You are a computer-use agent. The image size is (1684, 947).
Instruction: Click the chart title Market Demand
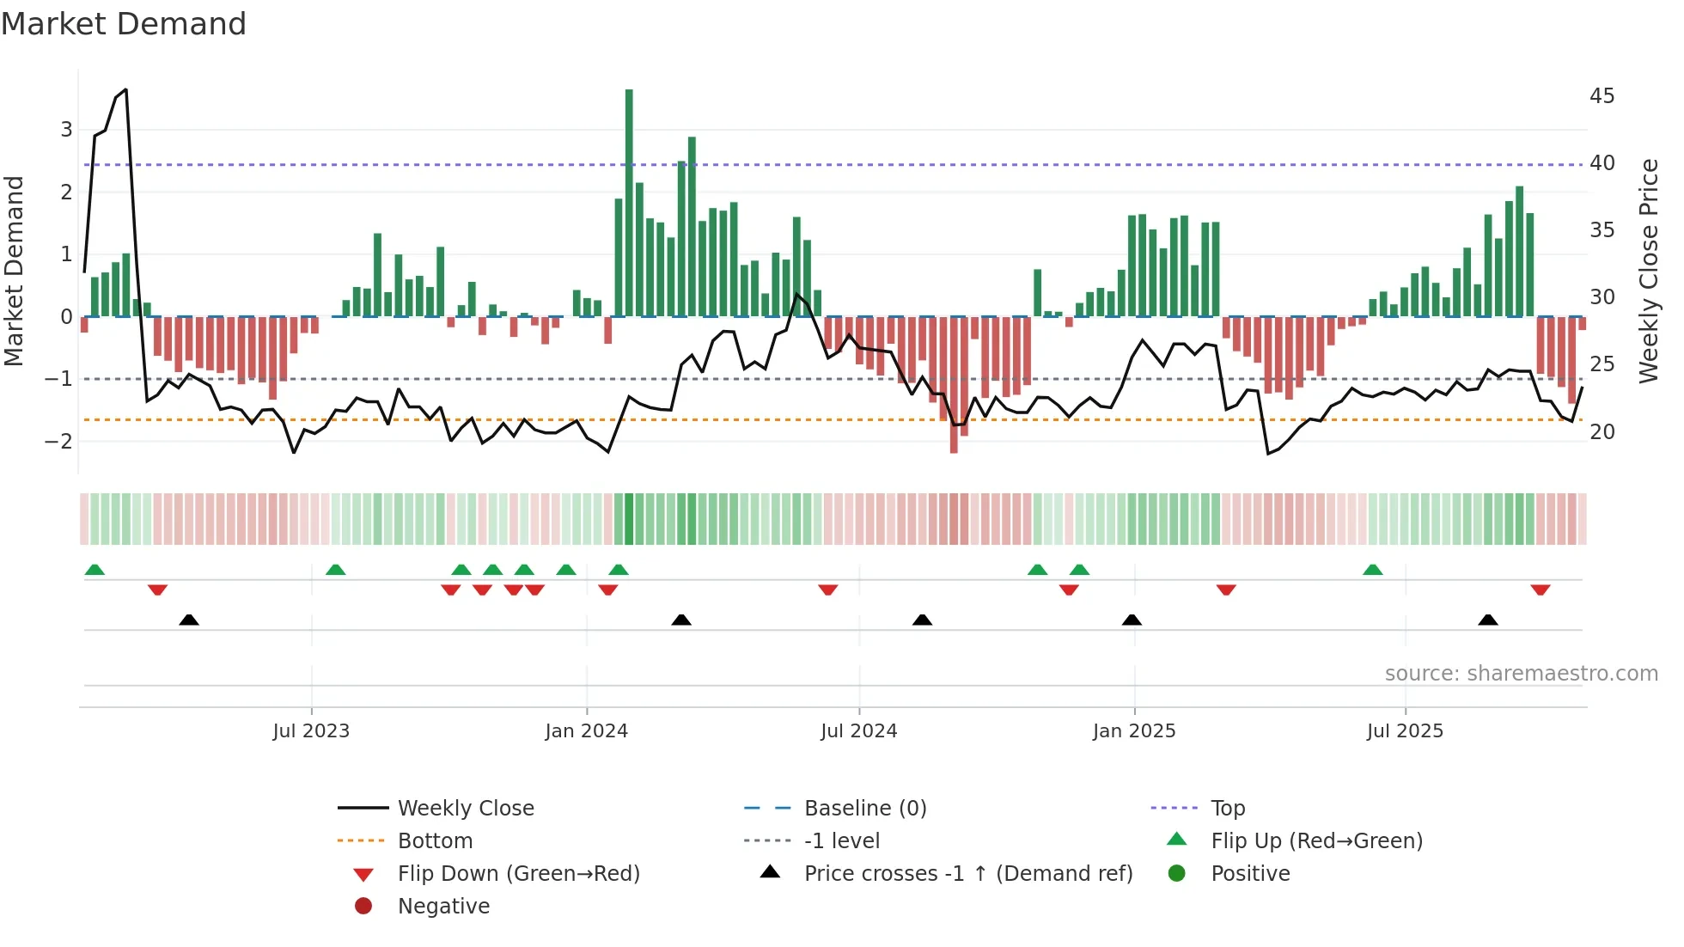click(124, 24)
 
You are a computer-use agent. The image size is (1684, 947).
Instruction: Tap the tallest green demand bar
click(629, 203)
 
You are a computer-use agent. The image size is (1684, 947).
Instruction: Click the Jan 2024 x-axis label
click(586, 731)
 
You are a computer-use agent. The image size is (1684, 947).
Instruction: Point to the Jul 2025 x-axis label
click(1405, 731)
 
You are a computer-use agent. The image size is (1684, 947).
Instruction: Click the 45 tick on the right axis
click(1602, 95)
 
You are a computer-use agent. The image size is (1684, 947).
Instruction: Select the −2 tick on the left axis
click(58, 441)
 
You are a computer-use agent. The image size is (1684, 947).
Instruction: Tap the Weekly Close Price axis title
click(1648, 271)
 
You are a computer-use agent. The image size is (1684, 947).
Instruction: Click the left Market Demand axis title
click(14, 271)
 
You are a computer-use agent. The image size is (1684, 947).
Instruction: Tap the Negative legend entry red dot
click(363, 907)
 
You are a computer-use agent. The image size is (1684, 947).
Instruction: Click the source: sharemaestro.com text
click(1521, 674)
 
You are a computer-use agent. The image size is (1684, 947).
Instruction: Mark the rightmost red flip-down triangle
click(1540, 590)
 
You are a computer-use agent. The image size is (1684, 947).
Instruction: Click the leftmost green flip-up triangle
click(95, 570)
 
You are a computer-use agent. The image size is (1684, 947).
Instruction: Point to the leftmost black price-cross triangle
click(189, 620)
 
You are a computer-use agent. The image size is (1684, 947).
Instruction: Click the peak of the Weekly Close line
click(125, 89)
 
